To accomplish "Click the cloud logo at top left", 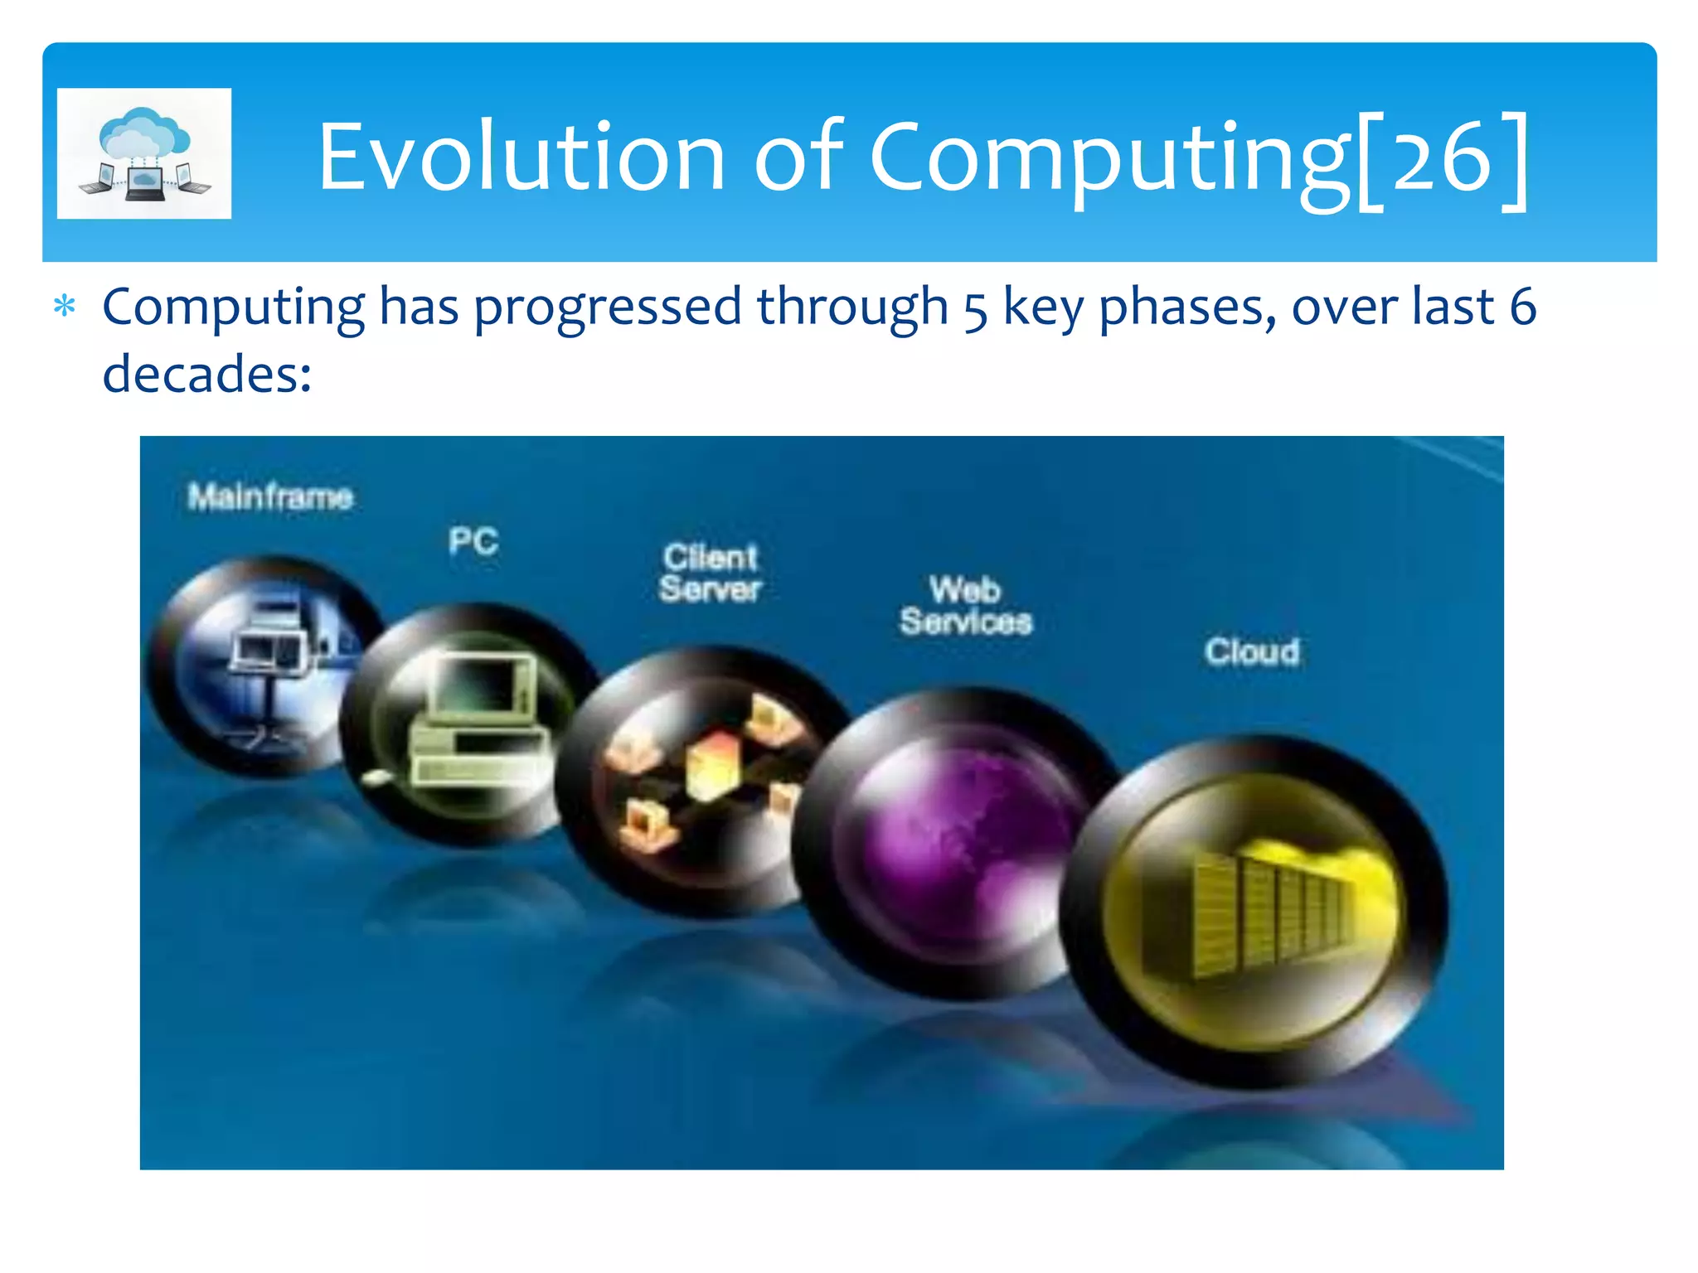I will (144, 153).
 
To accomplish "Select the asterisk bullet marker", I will (65, 307).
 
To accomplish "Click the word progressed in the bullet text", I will (607, 307).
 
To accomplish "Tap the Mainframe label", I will (270, 496).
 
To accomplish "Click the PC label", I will (473, 541).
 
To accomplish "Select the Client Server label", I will (710, 573).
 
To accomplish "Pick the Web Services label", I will (966, 606).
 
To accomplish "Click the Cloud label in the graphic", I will (1252, 651).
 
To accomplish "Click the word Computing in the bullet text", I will (233, 307).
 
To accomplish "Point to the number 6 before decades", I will (1522, 307).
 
